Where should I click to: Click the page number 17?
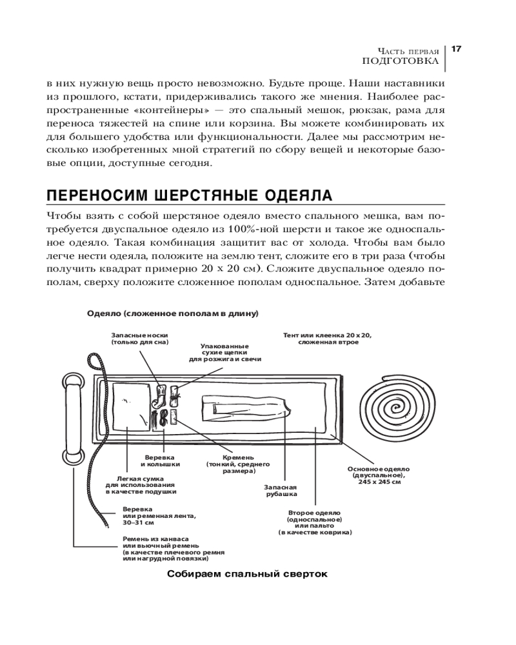point(455,49)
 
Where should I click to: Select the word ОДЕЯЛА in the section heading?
point(300,195)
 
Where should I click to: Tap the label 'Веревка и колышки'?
point(161,461)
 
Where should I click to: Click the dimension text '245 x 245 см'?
point(379,482)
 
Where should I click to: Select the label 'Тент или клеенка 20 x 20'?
point(328,335)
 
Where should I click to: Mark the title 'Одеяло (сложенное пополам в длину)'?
point(173,313)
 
